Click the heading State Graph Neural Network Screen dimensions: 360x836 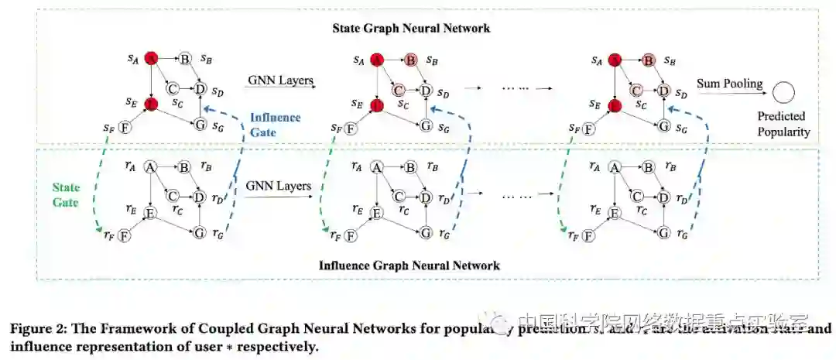pyautogui.click(x=411, y=29)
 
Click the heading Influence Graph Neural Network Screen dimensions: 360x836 pyautogui.click(x=409, y=266)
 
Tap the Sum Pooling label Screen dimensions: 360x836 pyautogui.click(x=729, y=83)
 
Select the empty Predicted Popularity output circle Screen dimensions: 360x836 pyautogui.click(x=783, y=94)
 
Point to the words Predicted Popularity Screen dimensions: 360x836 pyautogui.click(x=784, y=125)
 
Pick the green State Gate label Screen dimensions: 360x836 pyautogui.click(x=66, y=194)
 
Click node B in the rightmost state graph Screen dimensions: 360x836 pyautogui.click(x=649, y=60)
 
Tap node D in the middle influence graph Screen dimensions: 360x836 pyautogui.click(x=427, y=197)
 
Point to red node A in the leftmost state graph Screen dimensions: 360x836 pyautogui.click(x=152, y=59)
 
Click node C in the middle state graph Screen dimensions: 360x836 pyautogui.click(x=399, y=90)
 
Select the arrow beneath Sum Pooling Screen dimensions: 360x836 pyautogui.click(x=729, y=94)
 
